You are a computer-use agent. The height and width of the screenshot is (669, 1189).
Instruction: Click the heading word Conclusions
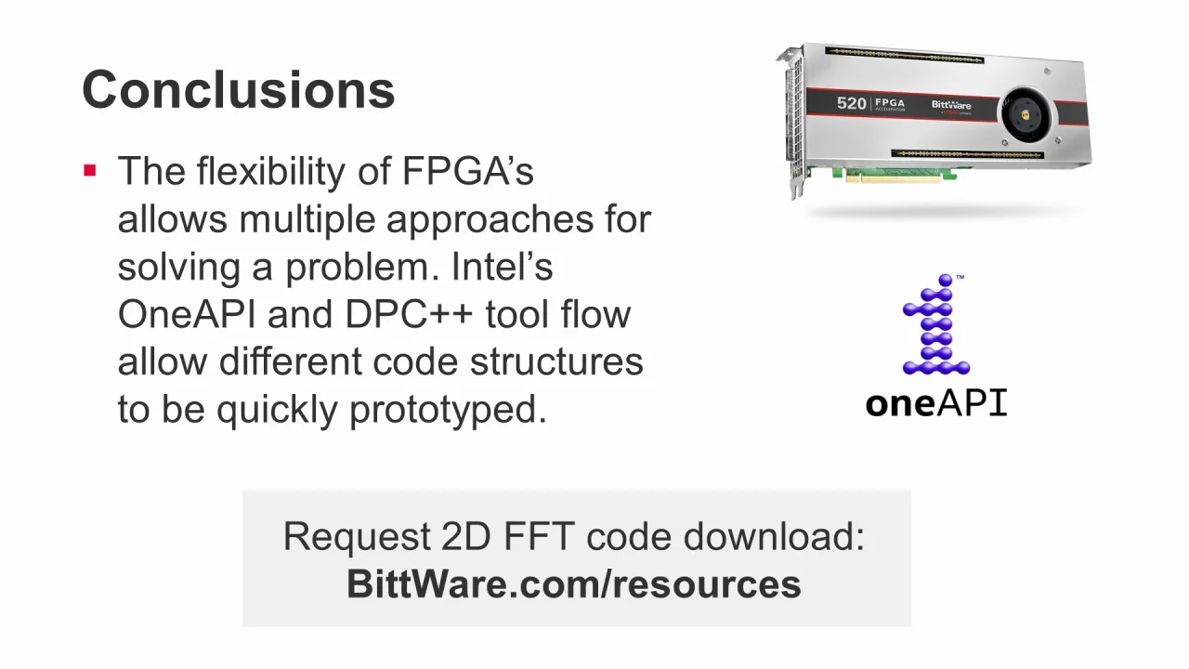239,89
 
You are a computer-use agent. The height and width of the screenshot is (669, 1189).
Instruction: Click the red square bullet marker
90,170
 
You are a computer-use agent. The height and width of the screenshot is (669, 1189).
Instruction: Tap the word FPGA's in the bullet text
467,171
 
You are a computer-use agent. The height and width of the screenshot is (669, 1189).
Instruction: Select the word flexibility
294,171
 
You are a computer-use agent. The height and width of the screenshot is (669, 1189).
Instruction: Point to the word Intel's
502,267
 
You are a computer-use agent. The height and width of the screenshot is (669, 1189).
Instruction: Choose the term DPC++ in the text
409,314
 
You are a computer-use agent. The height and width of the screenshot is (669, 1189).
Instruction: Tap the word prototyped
448,409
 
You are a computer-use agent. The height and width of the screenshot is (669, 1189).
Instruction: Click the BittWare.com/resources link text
574,584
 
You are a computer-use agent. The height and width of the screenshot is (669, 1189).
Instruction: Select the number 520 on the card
851,103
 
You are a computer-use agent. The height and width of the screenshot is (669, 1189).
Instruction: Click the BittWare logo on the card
951,105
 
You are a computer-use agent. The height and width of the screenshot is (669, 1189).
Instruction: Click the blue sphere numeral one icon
936,325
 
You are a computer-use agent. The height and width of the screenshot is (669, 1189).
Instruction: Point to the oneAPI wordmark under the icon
936,403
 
